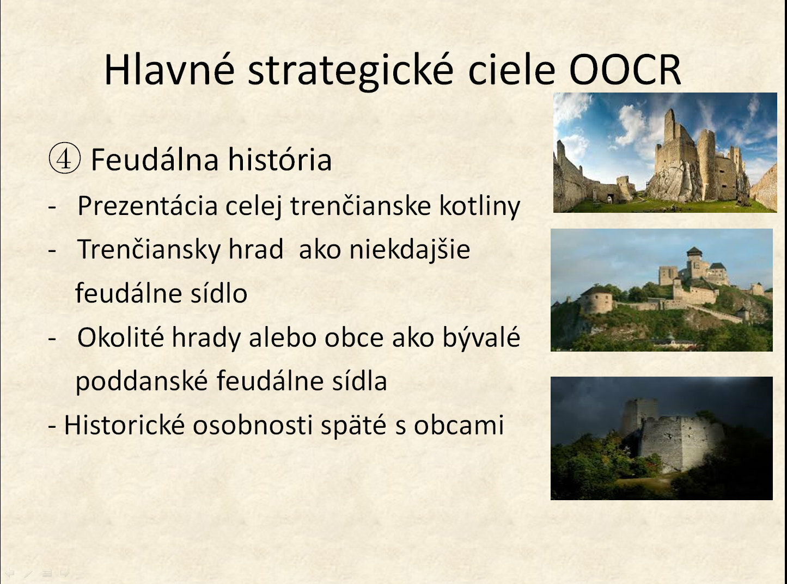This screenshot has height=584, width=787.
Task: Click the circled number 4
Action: point(65,158)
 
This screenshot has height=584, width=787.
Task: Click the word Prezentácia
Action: point(148,206)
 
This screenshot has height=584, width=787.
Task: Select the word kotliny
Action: point(480,206)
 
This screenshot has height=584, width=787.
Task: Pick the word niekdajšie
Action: point(410,250)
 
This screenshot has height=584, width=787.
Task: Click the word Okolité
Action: point(121,337)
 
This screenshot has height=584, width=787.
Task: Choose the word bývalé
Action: point(481,336)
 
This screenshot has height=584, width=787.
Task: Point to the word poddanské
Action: point(142,381)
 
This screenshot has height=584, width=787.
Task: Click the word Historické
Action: point(124,425)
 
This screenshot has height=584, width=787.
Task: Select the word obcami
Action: point(459,425)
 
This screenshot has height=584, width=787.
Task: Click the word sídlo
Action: point(219,293)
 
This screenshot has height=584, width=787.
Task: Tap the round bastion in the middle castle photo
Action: point(596,300)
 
